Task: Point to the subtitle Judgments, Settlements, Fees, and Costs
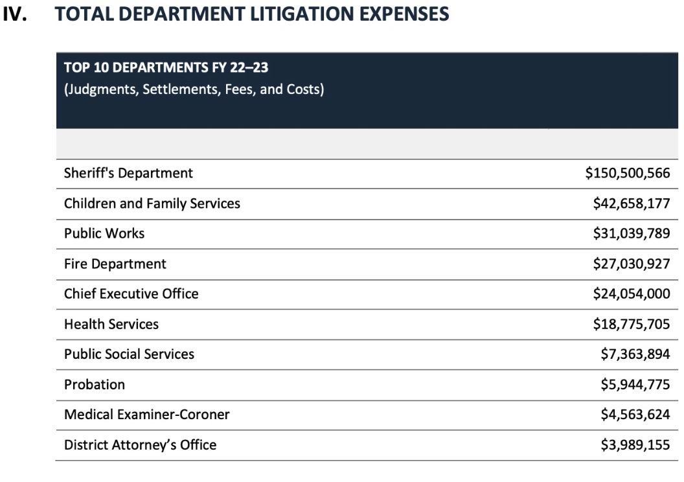(194, 89)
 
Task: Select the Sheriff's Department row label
(128, 173)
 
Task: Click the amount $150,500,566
(627, 173)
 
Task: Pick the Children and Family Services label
(152, 203)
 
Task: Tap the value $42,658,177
(631, 203)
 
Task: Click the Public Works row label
(104, 233)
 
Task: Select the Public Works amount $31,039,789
(631, 233)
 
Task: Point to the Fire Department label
(115, 264)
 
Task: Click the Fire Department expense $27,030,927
(631, 264)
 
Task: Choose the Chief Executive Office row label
(131, 293)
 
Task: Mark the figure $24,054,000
(631, 293)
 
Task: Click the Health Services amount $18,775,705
(631, 324)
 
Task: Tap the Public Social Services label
(129, 354)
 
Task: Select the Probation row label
(95, 384)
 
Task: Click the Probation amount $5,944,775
(635, 384)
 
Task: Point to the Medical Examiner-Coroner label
(146, 414)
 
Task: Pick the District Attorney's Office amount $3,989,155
(635, 444)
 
